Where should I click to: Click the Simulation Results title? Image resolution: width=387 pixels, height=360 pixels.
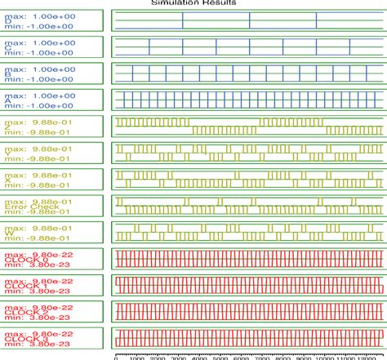point(193,3)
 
